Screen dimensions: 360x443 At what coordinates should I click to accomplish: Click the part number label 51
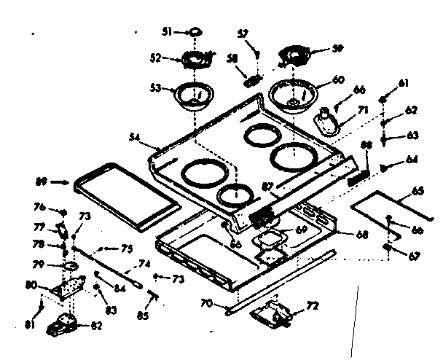[165, 31]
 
